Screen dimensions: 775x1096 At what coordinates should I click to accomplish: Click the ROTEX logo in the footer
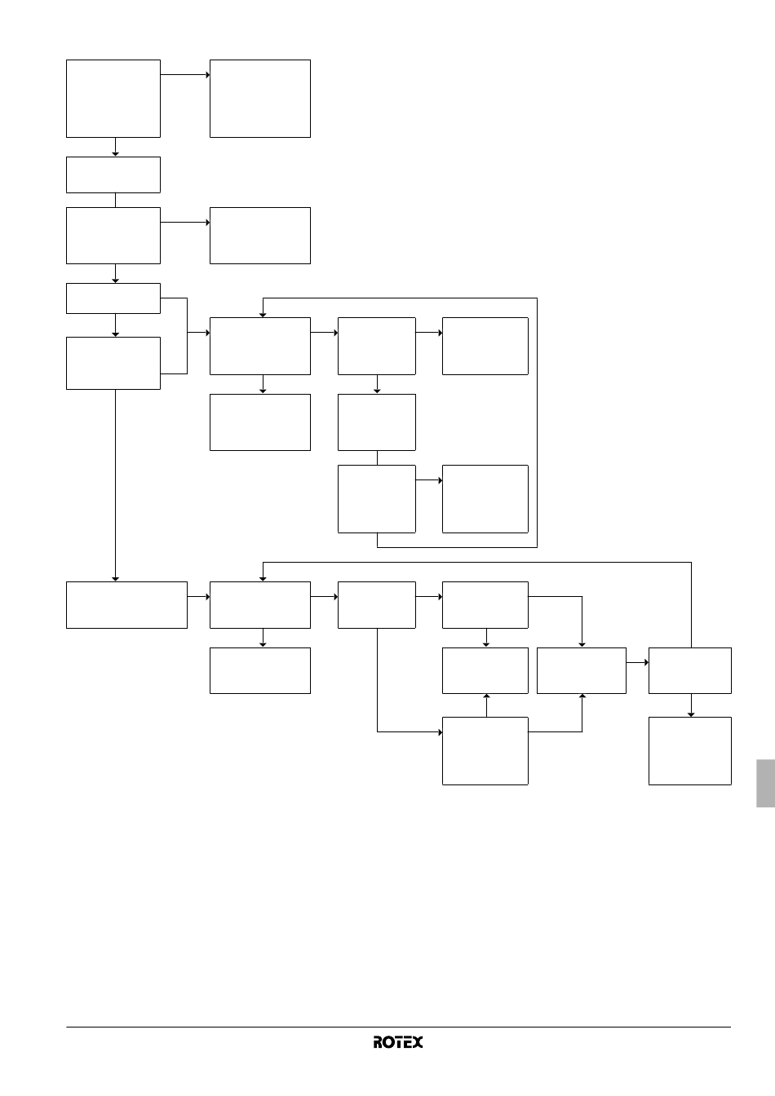tap(398, 1042)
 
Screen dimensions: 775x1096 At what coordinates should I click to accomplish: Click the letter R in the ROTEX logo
tap(378, 1042)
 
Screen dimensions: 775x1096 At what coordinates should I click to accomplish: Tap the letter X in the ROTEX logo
tap(418, 1042)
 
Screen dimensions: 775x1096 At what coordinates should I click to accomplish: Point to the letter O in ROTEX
tap(387, 1042)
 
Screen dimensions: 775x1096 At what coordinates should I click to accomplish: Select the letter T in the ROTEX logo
tap(397, 1042)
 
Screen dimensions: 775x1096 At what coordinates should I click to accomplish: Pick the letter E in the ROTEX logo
tap(407, 1042)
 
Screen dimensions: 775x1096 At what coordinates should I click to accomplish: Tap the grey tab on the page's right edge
tap(766, 783)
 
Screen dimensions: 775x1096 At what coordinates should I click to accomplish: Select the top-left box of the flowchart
tap(113, 99)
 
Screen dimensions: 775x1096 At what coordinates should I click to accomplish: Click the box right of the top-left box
tap(260, 99)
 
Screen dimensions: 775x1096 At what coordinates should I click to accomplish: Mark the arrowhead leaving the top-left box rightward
tap(207, 75)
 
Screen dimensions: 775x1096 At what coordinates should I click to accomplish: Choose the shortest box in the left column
tap(113, 298)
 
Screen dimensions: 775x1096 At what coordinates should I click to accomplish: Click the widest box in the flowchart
tap(126, 605)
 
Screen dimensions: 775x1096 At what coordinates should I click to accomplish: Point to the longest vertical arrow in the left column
tap(116, 485)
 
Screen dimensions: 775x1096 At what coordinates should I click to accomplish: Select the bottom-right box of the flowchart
tap(690, 750)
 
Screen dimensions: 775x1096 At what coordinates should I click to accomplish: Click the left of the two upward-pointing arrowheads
tap(487, 696)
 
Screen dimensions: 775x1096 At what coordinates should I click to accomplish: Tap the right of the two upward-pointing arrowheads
tap(582, 696)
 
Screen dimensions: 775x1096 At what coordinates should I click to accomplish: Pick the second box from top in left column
tap(113, 175)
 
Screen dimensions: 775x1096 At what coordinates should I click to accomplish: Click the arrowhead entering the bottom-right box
tap(691, 714)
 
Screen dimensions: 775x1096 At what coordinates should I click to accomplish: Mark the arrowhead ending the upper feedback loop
tap(263, 315)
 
